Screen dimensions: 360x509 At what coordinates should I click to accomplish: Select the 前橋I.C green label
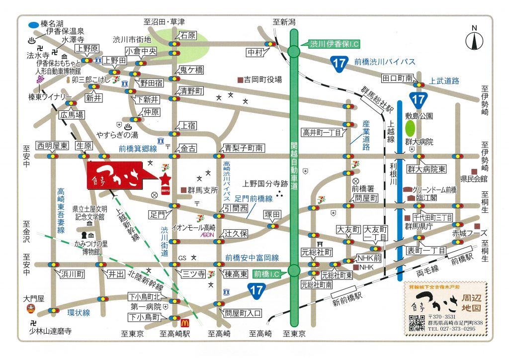(266, 273)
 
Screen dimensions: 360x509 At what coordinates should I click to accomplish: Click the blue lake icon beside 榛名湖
(33, 24)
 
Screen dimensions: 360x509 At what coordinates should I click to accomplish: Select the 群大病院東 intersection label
(426, 169)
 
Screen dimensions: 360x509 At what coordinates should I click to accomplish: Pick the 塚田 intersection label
(273, 215)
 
